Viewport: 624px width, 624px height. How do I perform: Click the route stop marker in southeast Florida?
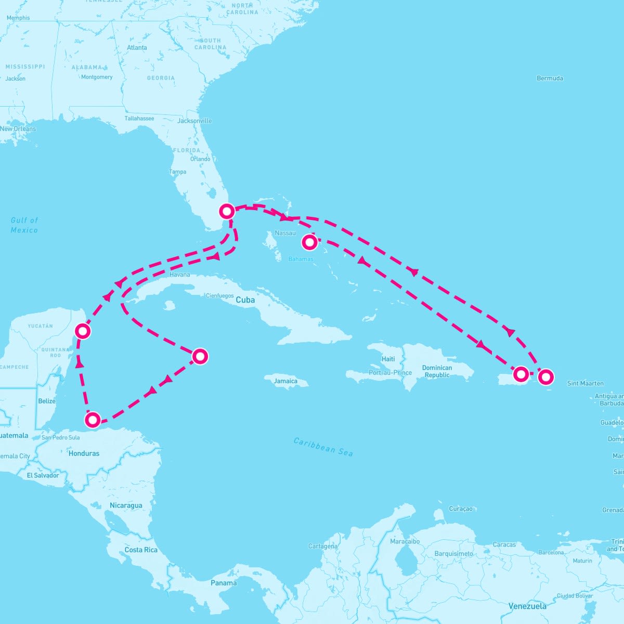(227, 211)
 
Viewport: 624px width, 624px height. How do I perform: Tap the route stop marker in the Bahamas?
(309, 242)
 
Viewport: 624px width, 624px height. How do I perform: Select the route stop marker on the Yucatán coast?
(83, 331)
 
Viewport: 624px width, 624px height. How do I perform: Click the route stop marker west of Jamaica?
(200, 356)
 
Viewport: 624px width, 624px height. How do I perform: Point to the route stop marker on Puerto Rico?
(521, 374)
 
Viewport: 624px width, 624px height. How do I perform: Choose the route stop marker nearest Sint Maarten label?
(545, 376)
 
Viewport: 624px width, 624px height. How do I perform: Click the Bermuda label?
(550, 79)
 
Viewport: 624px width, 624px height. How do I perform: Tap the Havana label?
(180, 275)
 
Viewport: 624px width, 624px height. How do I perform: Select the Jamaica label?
(285, 381)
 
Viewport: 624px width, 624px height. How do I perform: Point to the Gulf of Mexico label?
(24, 225)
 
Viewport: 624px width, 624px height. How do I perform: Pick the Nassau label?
(285, 233)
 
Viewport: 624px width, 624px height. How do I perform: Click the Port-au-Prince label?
(390, 373)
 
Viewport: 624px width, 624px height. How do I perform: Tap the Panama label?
(224, 583)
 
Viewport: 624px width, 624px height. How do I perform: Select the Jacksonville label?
(194, 121)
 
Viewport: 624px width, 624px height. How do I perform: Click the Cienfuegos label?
(219, 296)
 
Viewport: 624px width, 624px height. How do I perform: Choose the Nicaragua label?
(125, 505)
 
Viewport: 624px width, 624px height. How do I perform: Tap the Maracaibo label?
(405, 541)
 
